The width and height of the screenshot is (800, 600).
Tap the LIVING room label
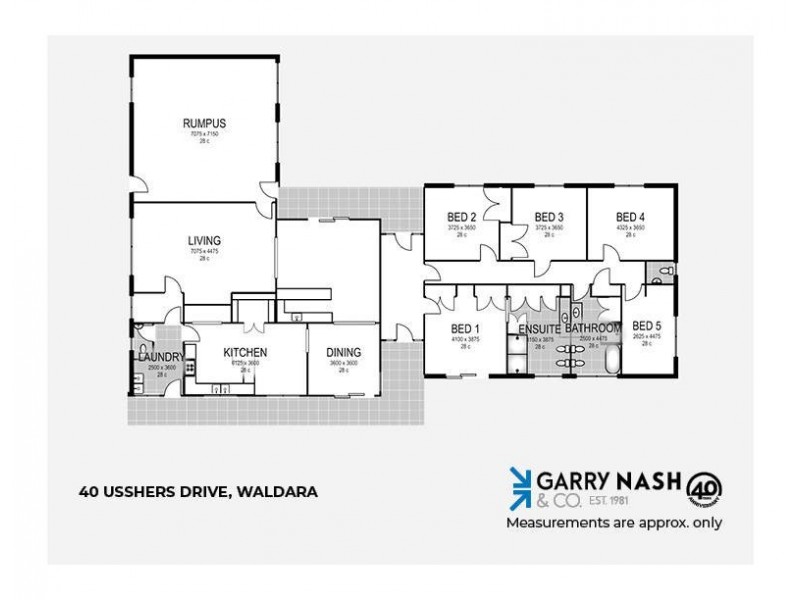click(x=203, y=240)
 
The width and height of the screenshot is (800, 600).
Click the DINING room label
click(x=343, y=353)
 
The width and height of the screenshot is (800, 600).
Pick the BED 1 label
click(x=465, y=329)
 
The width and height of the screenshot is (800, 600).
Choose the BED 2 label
click(x=461, y=217)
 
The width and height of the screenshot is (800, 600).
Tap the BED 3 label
click(x=549, y=217)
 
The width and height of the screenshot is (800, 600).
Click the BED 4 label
click(x=630, y=217)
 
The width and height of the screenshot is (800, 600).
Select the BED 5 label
click(x=647, y=326)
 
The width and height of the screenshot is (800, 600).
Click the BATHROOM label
click(x=594, y=328)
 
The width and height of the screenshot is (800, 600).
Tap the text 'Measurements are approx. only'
click(x=614, y=521)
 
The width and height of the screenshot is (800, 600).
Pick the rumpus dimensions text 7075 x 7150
click(x=198, y=133)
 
